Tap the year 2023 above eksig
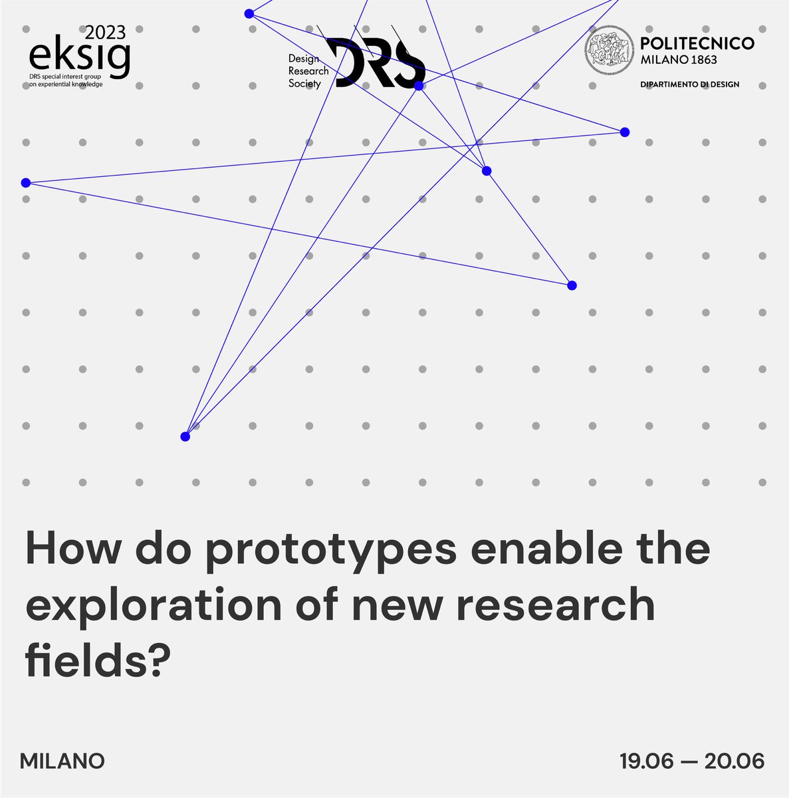point(105,33)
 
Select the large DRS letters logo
point(380,63)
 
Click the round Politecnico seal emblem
point(608,51)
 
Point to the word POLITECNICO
point(697,43)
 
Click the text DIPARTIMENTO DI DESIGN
point(689,84)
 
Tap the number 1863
point(702,60)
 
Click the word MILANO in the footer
point(62,761)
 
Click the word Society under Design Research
point(304,84)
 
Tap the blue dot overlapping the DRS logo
point(419,86)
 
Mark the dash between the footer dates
point(690,761)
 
